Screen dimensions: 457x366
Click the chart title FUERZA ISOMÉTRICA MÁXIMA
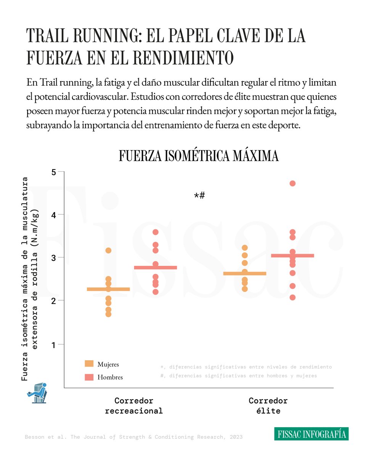point(198,156)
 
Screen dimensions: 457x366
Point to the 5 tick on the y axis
point(53,172)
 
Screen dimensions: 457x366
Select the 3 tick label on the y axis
point(53,258)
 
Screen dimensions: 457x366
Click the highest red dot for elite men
point(292,183)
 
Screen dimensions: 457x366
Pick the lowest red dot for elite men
point(292,297)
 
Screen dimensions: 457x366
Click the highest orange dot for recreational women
point(108,250)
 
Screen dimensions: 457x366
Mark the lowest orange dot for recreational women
point(108,314)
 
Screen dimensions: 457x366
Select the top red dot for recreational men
point(155,232)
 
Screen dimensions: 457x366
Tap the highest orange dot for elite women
point(244,248)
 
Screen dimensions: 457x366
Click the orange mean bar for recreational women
point(108,289)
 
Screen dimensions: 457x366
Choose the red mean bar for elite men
point(292,256)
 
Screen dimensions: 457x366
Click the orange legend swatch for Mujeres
point(89,364)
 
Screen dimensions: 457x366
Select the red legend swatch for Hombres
point(89,377)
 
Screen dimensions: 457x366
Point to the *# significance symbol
point(199,196)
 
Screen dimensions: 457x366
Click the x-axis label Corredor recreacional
point(134,406)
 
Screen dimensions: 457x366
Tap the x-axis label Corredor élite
point(268,406)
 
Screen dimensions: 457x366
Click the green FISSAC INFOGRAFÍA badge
point(311,434)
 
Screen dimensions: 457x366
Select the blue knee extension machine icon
point(37,393)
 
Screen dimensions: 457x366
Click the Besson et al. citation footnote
point(134,437)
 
